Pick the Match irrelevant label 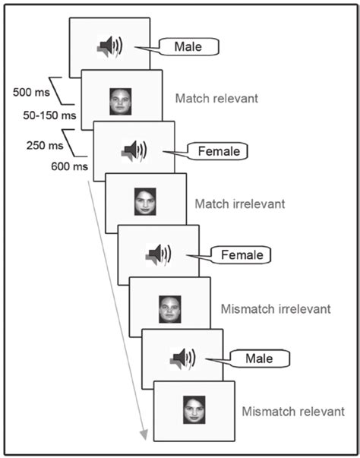[x=236, y=204]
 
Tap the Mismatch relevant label [x=292, y=412]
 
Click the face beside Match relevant [x=120, y=101]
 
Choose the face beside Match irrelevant [x=144, y=202]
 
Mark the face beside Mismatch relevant [x=194, y=409]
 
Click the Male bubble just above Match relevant [x=188, y=48]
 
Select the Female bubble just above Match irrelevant [x=218, y=151]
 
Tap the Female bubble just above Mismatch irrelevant [x=242, y=255]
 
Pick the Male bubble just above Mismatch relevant [x=265, y=357]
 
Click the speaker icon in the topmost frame [x=109, y=49]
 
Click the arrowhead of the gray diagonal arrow [x=142, y=434]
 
